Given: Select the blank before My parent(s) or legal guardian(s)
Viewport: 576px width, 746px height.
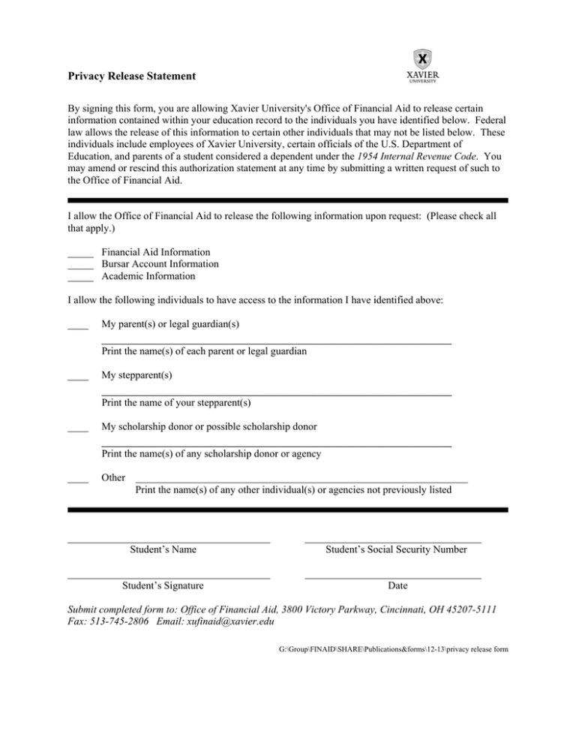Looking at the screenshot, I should pos(78,327).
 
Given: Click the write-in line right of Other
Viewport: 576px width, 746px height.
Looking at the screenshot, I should pos(301,480).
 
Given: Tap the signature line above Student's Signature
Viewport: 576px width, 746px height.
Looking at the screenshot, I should pos(169,576).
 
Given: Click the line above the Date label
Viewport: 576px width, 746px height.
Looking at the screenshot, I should pos(393,576).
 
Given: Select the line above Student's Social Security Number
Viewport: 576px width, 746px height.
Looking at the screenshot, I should pos(393,540).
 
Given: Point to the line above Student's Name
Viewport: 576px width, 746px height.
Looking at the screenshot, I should pos(169,540).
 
